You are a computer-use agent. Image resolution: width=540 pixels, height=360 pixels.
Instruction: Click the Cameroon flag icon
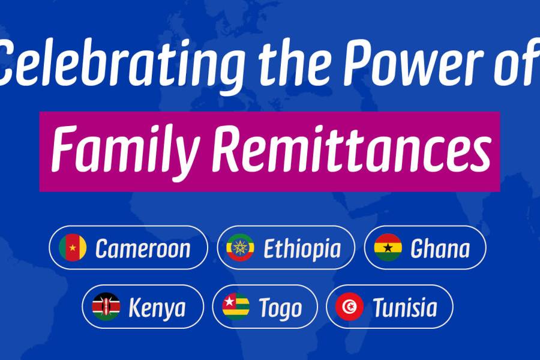73,247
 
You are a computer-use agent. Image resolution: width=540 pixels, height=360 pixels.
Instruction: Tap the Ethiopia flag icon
240,247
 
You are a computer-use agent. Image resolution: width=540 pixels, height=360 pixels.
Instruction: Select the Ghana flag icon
388,247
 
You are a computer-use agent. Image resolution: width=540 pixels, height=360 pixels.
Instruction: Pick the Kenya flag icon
106,307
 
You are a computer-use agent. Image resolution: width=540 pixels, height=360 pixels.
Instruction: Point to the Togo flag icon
236,307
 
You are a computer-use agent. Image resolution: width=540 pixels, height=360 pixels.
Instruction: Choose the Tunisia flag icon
350,307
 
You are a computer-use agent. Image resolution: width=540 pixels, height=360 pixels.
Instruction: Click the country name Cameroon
143,248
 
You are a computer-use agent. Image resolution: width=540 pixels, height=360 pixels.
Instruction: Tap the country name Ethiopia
302,248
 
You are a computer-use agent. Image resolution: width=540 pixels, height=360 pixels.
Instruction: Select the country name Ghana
440,248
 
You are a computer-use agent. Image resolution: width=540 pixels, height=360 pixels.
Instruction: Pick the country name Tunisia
405,307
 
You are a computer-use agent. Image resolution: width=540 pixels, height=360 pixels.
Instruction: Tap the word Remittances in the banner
352,149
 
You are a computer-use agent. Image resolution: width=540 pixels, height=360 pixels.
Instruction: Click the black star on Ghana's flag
388,247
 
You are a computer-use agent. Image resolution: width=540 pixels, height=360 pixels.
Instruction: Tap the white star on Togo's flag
229,301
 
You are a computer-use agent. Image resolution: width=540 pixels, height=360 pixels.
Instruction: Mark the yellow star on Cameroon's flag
73,248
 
